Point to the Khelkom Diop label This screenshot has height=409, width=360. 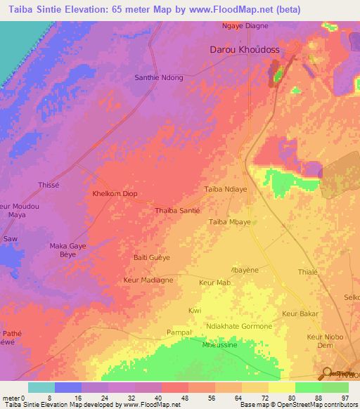(x=115, y=193)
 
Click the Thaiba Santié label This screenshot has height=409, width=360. (x=177, y=210)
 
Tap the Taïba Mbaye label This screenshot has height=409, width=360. (x=229, y=222)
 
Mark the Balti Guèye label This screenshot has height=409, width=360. (x=152, y=258)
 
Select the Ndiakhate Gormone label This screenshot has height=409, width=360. (x=238, y=326)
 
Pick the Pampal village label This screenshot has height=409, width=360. (x=179, y=332)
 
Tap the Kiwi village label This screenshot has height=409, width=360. (x=195, y=310)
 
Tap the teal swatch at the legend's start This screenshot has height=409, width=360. (x=41, y=387)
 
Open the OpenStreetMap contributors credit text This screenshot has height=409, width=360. (x=310, y=405)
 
